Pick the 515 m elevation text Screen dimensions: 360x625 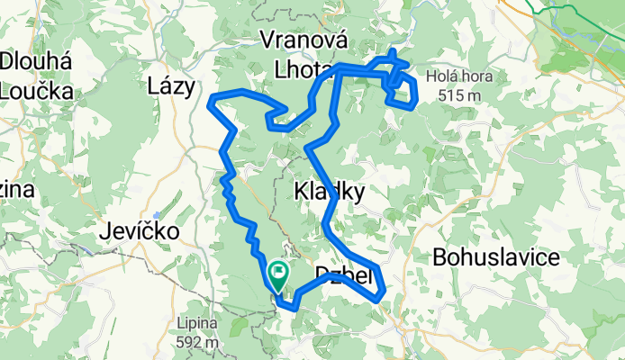pos(459,95)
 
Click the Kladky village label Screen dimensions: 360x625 pos(330,192)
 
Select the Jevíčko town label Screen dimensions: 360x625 pos(139,231)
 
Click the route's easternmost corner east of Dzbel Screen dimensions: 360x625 pos(385,290)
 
